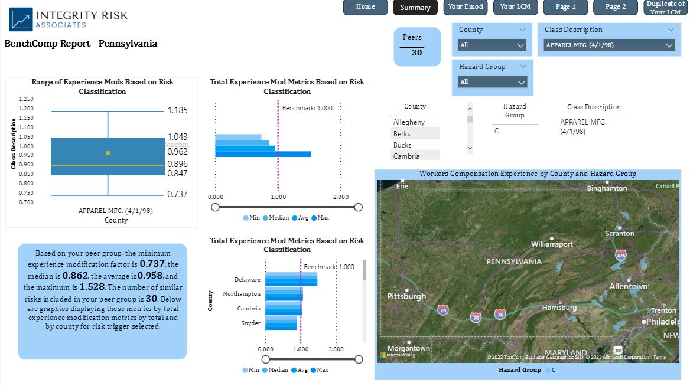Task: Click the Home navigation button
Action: point(366,7)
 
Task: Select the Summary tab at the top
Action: point(415,8)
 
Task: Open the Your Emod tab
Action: point(465,7)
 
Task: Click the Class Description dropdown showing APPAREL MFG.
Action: point(609,45)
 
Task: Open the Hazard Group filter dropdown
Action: point(492,82)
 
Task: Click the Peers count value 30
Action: point(417,53)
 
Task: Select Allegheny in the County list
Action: point(409,122)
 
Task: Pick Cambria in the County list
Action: point(406,156)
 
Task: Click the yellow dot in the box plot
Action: point(108,153)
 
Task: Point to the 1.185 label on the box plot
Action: point(177,110)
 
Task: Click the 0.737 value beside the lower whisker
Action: point(177,194)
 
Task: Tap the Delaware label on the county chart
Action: point(247,280)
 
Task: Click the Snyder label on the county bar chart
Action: point(250,323)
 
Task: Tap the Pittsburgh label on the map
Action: point(406,296)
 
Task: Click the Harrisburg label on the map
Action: point(559,308)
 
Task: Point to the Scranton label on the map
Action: point(619,234)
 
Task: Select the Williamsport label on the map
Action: point(552,244)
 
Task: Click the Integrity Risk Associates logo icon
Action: point(21,19)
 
